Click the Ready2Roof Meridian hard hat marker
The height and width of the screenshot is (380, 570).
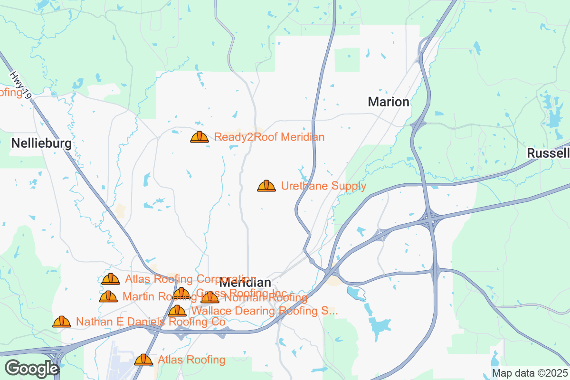click(x=199, y=137)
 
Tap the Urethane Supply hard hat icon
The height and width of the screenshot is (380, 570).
click(x=266, y=186)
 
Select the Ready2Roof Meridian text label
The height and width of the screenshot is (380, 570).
click(x=269, y=137)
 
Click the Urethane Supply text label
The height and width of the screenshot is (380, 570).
click(x=323, y=186)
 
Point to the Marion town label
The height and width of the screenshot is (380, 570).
click(x=389, y=102)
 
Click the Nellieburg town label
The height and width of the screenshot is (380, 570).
click(x=41, y=143)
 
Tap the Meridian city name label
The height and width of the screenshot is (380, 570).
click(x=245, y=282)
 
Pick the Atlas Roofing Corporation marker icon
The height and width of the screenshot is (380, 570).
click(x=111, y=279)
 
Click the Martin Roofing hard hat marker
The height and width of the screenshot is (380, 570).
click(x=108, y=297)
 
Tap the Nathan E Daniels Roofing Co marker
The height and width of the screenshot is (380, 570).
click(x=62, y=322)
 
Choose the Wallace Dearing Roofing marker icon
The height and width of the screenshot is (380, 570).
click(x=177, y=311)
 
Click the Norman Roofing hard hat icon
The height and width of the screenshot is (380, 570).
click(x=210, y=298)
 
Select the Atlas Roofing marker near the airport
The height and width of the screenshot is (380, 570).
click(x=143, y=360)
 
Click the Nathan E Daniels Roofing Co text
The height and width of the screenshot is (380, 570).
click(x=150, y=322)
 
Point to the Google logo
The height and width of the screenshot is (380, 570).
click(x=31, y=369)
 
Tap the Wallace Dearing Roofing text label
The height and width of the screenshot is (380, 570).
click(x=264, y=311)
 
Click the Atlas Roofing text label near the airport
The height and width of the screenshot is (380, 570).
click(x=191, y=360)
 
